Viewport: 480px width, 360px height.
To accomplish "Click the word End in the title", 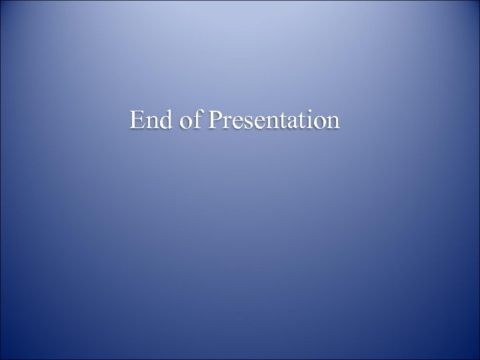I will point(151,120).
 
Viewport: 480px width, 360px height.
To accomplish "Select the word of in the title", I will point(191,120).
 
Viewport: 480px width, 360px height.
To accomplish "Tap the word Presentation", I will point(274,120).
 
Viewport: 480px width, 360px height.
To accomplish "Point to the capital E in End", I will point(137,120).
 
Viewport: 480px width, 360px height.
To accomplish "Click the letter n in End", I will point(152,123).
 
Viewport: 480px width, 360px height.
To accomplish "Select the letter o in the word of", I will point(186,123).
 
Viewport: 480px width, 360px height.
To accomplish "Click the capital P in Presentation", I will point(215,120).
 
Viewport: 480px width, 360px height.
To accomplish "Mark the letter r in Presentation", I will point(227,123).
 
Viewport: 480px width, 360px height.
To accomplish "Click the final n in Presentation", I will point(331,123).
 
